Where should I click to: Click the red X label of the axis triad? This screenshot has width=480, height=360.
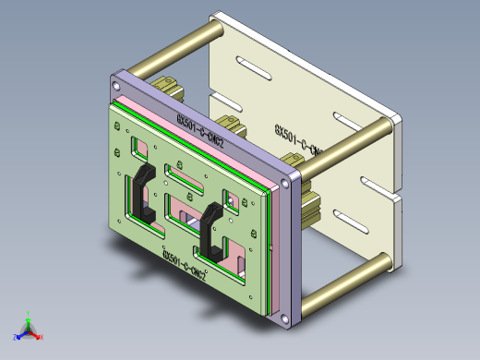point(42,337)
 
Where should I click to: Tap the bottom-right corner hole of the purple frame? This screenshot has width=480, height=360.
point(286,318)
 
